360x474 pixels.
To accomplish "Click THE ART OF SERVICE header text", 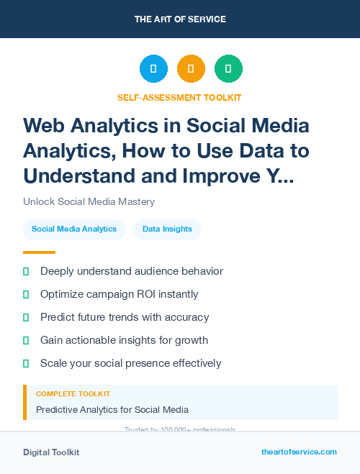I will pos(180,19).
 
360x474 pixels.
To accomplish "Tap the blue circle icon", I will pos(153,69).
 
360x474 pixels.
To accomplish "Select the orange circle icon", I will pos(191,69).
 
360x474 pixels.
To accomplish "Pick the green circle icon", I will pos(228,69).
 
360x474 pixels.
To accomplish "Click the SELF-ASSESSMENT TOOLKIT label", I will pos(179,97).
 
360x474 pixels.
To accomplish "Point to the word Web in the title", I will pos(45,125).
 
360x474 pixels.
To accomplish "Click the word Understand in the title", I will pos(77,176).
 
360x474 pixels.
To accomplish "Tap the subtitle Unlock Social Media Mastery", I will pos(89,202).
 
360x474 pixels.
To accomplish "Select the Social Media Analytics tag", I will pos(74,229).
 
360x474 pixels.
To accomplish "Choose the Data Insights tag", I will pos(167,229).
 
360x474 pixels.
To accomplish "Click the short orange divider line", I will pos(39,252).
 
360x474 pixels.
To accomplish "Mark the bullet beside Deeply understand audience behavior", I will pos(26,271).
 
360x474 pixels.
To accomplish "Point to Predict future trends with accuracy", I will pos(125,317).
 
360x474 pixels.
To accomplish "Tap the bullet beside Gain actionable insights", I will pos(26,340).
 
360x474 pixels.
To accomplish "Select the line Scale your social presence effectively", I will pos(130,363).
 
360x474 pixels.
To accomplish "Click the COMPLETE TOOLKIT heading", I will pos(73,394).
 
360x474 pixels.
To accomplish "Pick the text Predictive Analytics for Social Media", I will pos(112,410).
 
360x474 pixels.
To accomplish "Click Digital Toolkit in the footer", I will pos(51,452).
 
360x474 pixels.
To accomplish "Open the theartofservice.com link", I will pos(299,452).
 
